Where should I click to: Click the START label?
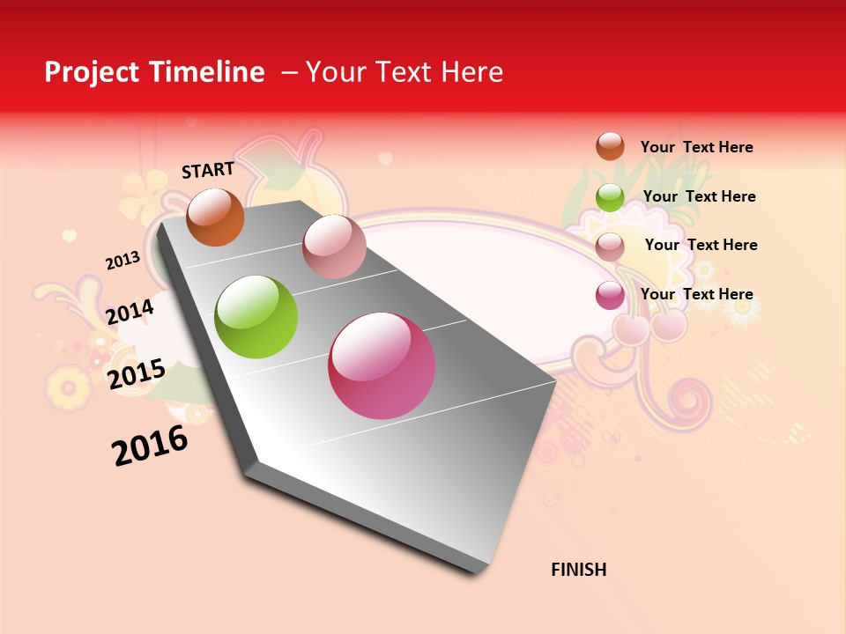208,170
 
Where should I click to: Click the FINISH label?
579,570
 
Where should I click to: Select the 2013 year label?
122,261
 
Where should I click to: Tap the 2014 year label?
130,312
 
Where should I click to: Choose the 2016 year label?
150,445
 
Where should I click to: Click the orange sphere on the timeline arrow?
215,217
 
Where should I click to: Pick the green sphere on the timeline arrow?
256,317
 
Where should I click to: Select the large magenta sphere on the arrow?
382,365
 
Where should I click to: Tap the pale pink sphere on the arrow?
334,247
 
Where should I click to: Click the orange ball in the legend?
610,146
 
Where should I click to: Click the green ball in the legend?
610,197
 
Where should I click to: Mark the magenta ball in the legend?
610,295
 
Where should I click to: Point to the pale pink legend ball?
610,247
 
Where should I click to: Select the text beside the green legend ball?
699,196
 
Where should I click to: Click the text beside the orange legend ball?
696,147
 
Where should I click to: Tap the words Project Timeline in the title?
154,72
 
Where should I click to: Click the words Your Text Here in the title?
404,72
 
